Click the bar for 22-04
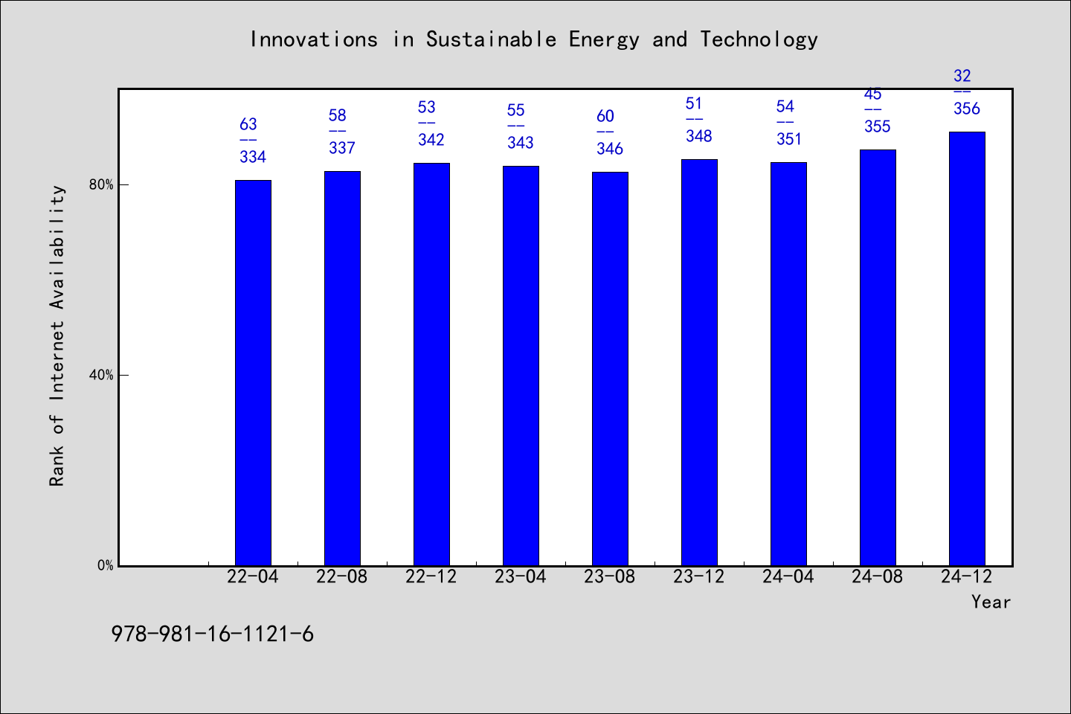(x=253, y=373)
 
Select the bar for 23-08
(x=610, y=369)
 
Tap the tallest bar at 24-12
(x=967, y=349)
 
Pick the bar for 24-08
(x=878, y=358)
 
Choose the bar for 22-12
(x=431, y=364)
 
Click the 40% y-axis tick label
(x=101, y=376)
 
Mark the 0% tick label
(x=105, y=566)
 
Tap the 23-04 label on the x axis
(x=520, y=576)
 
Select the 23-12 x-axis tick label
(x=699, y=576)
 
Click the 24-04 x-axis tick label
(x=788, y=576)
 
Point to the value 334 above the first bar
(x=253, y=157)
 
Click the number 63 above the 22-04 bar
(x=248, y=124)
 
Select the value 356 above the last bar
(x=967, y=109)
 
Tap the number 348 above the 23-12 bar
(x=699, y=136)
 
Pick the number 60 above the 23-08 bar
(x=605, y=116)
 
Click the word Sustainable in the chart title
(x=492, y=39)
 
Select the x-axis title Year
(x=991, y=602)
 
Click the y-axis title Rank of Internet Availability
(x=57, y=336)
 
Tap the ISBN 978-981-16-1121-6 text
(x=213, y=634)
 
